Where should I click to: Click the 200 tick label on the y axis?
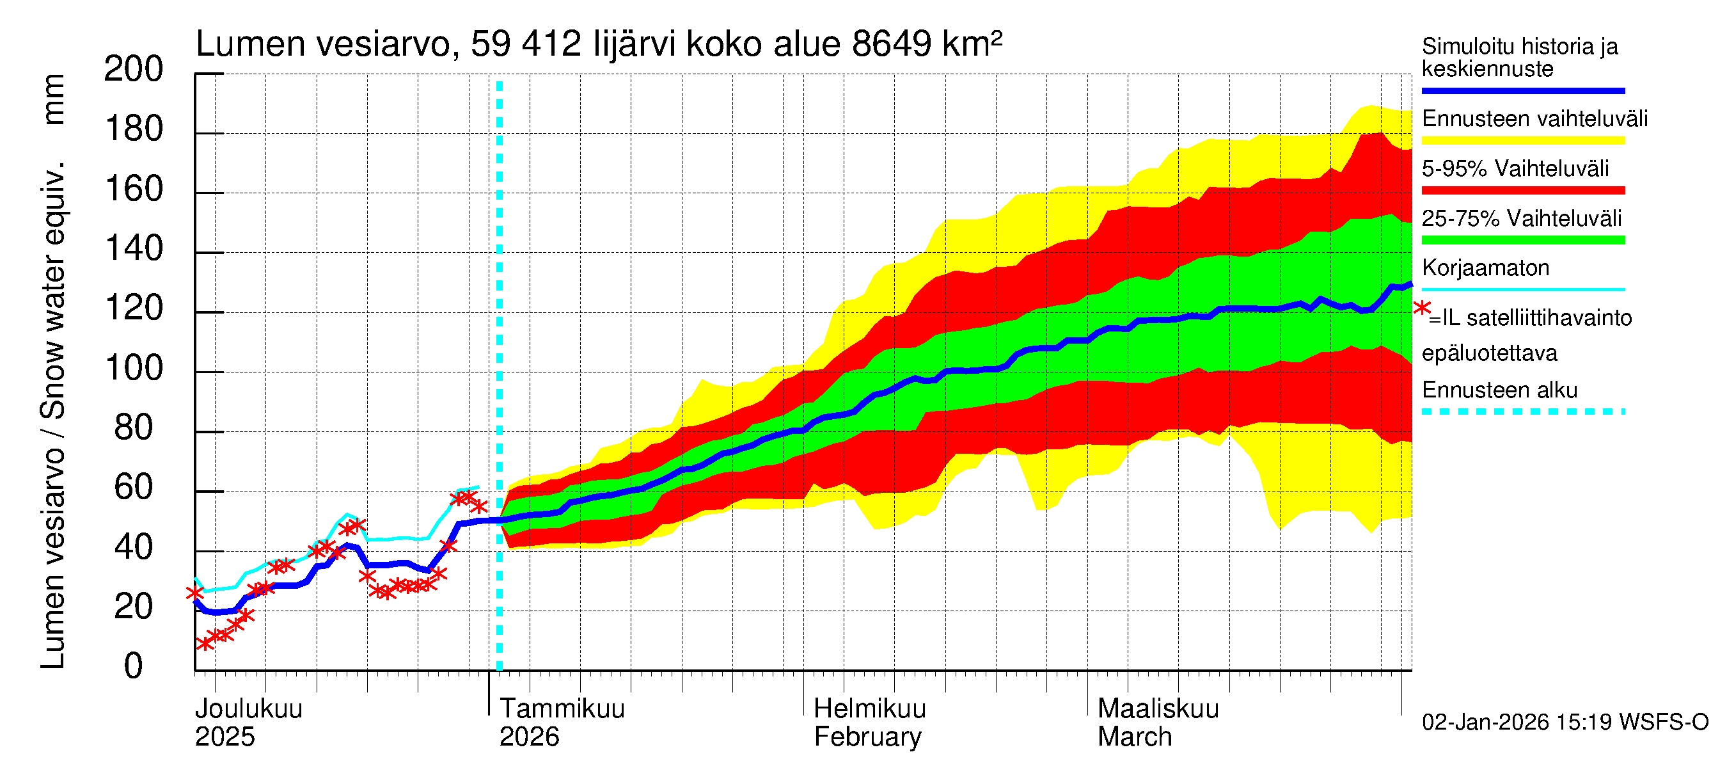134,69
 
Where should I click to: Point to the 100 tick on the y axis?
134,368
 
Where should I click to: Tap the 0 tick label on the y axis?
134,666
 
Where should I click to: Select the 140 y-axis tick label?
134,249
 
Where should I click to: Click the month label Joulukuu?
248,709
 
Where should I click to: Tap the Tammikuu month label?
562,709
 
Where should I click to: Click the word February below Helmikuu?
867,737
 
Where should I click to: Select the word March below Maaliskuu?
1134,737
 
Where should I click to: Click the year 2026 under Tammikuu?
529,737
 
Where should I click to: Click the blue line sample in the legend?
1522,90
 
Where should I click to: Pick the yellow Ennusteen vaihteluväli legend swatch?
1522,141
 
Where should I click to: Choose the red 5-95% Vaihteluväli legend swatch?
1522,191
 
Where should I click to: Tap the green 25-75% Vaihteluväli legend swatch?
1522,240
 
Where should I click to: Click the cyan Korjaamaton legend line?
1522,290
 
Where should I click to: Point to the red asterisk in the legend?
1421,308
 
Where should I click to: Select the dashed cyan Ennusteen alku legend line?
1522,412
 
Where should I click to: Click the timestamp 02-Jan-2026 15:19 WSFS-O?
1565,723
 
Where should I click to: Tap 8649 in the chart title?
891,45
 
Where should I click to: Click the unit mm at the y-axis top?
54,99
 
